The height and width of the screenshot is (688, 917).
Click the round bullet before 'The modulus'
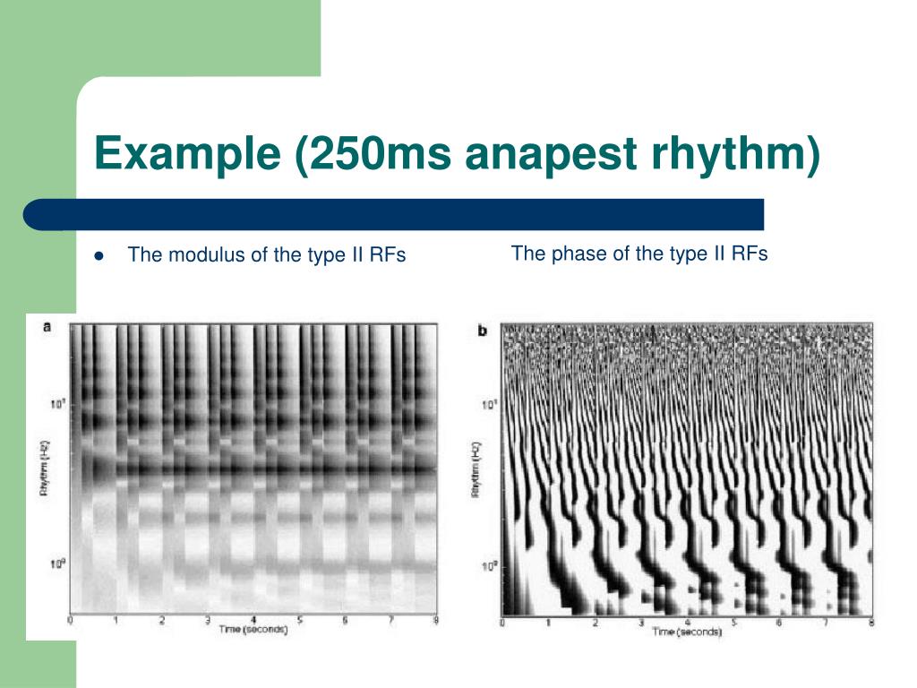tap(99, 255)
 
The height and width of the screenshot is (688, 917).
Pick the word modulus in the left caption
tap(208, 255)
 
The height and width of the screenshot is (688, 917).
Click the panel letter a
tap(47, 328)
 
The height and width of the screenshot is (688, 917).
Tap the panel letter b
tap(483, 331)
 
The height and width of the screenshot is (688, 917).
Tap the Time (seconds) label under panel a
tap(254, 629)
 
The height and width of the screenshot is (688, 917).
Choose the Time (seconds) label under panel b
tap(688, 632)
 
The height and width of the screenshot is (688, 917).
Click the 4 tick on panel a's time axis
tap(254, 619)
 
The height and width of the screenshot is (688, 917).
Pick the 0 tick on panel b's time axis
tap(502, 622)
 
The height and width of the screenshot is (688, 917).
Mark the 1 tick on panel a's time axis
tap(116, 619)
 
